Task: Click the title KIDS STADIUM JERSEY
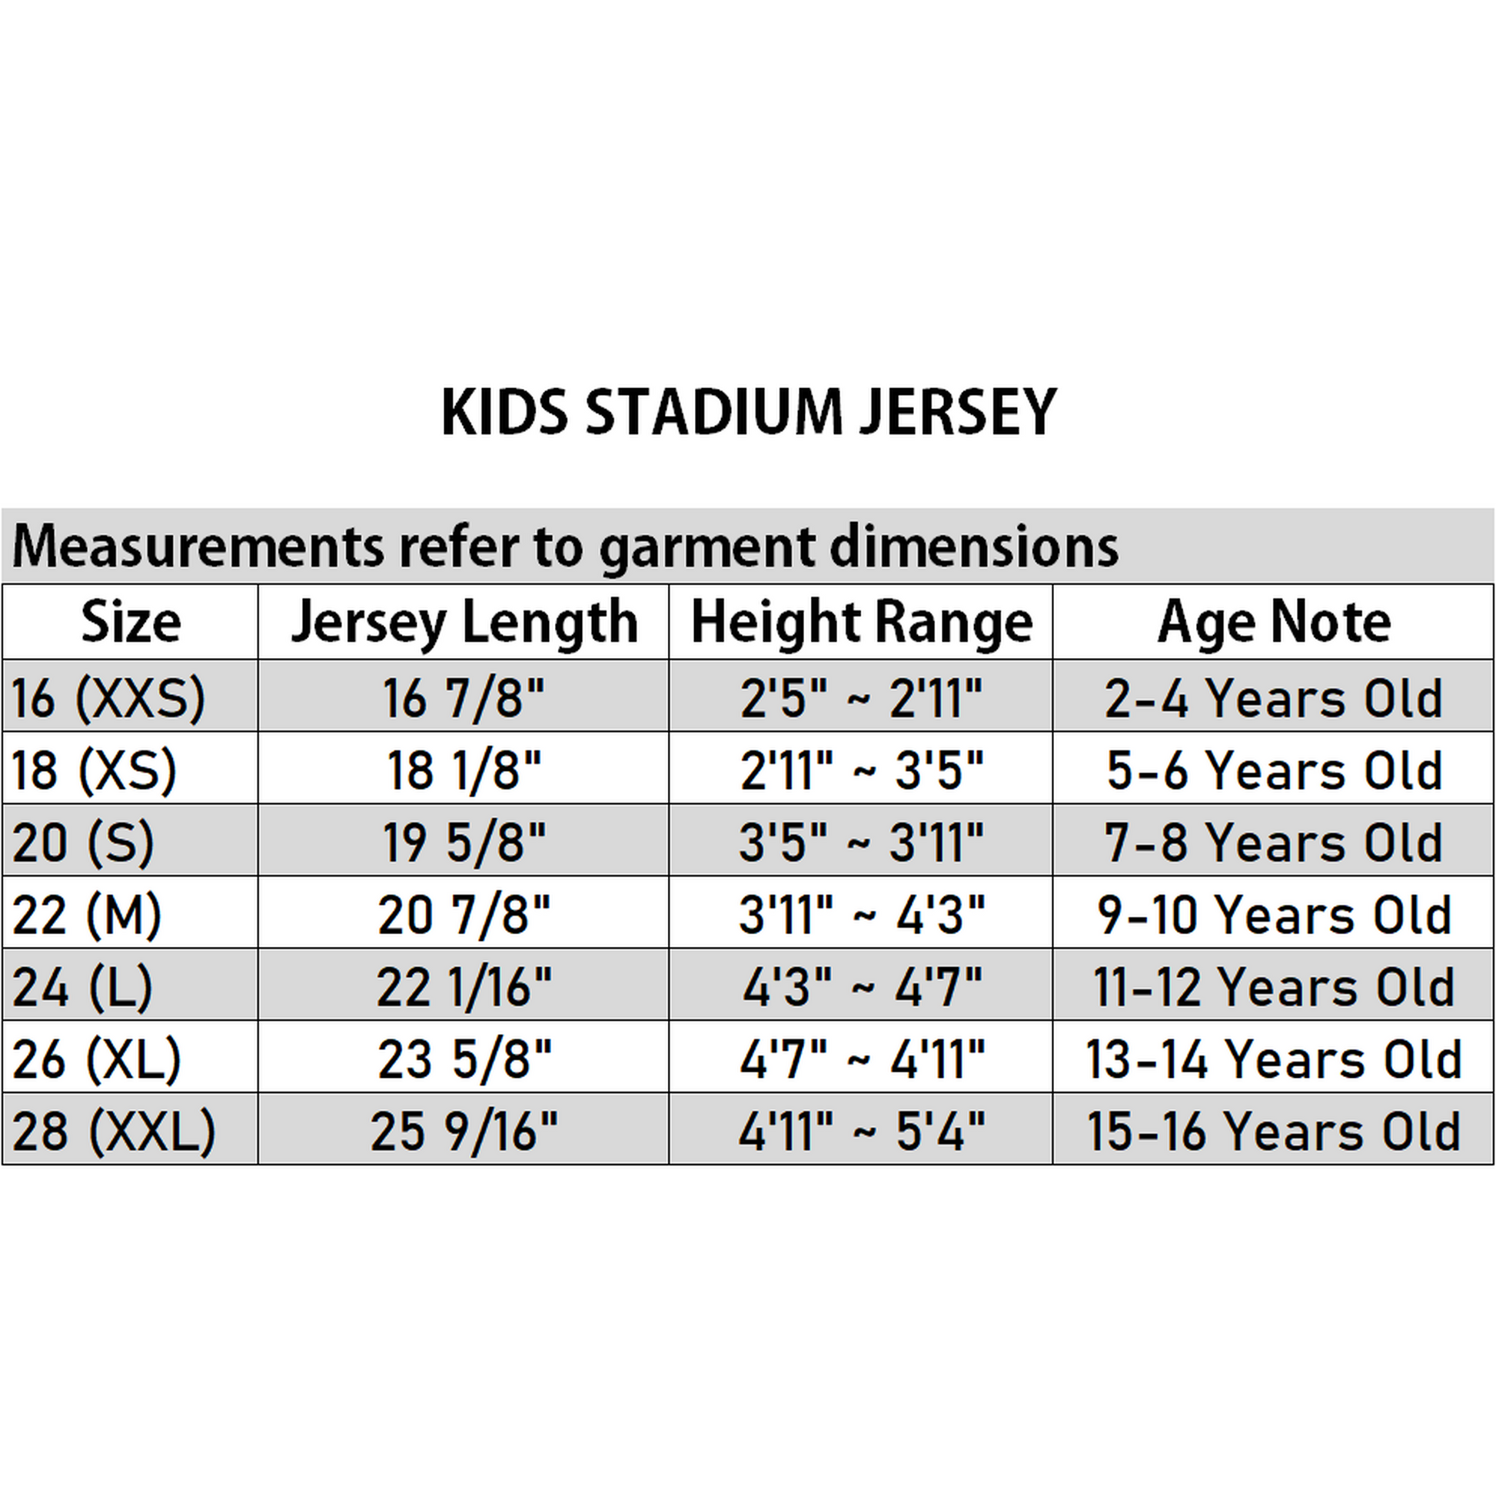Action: [749, 411]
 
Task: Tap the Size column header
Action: [131, 622]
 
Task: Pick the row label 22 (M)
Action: [87, 915]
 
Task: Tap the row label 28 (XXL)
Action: [114, 1132]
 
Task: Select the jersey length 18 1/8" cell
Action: [464, 770]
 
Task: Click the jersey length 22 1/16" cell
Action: [464, 986]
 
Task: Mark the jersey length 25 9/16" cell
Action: [464, 1132]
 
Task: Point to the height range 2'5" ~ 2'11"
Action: [861, 698]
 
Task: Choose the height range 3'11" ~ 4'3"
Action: [862, 915]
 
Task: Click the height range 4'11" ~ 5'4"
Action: [862, 1132]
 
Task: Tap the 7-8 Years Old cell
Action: [1274, 843]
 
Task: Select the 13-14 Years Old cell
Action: [1274, 1059]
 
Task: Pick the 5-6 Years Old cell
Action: [1274, 770]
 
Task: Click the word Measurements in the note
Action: [198, 546]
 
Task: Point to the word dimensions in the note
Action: [974, 546]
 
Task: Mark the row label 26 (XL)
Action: [97, 1059]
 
